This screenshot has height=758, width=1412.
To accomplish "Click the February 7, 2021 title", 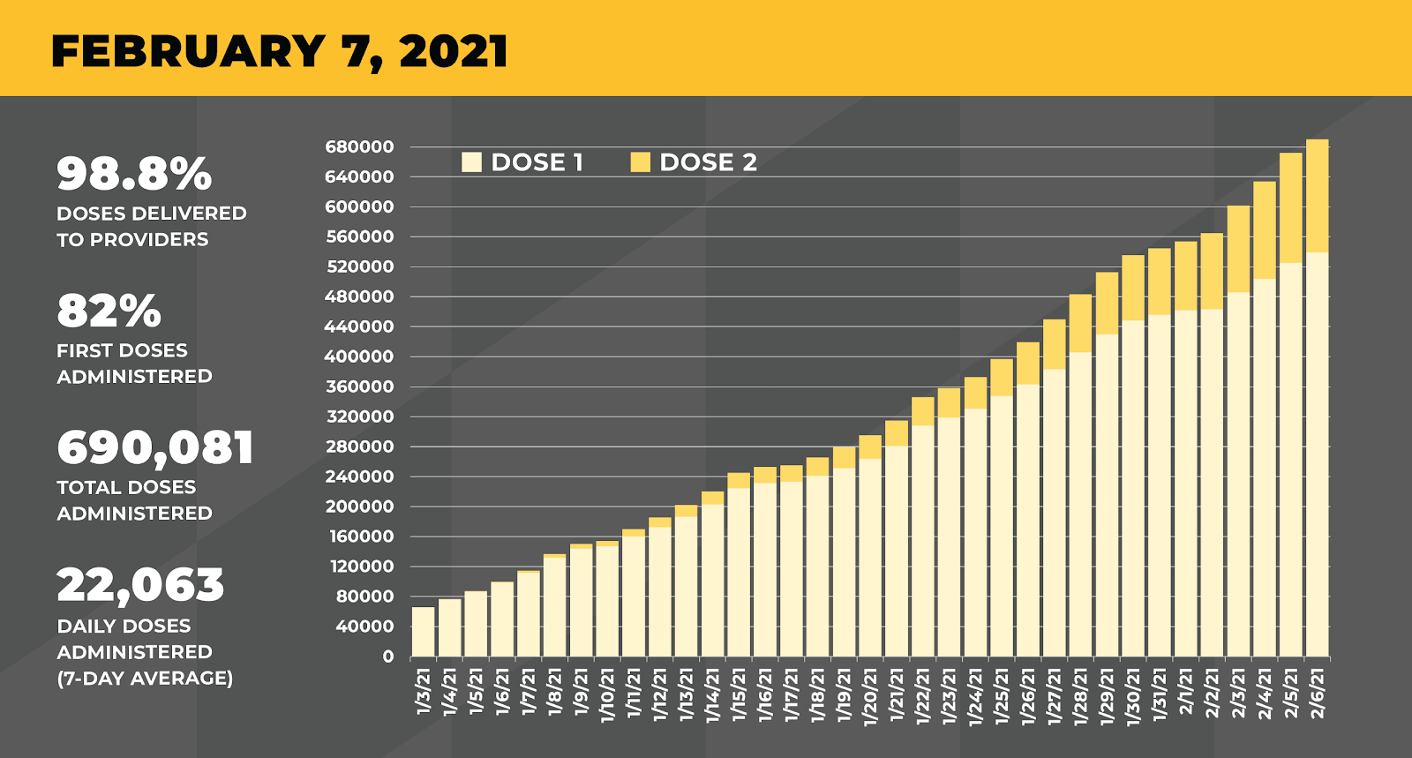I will pos(279,51).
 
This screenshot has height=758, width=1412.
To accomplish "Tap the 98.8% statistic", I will pos(134,173).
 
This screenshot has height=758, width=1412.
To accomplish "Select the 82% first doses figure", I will pos(109,311).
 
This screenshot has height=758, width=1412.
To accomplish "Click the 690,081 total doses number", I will pos(155,447).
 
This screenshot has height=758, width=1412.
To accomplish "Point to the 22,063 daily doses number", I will pos(141,585).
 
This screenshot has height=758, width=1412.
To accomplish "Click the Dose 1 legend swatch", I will pos(472,162).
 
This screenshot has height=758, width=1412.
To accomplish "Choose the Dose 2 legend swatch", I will pos(641,162).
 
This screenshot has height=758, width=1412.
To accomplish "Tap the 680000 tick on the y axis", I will pos(359,147).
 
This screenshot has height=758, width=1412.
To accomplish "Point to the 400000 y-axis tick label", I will pos(359,356).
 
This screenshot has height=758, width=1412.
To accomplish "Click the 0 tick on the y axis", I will pos(387,657).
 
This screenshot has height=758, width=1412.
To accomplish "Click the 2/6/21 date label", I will pos(1318,693).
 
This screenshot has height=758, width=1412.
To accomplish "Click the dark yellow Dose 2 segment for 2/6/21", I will pos(1318,196).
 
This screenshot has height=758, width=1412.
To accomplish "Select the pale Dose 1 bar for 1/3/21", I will pos(424,632).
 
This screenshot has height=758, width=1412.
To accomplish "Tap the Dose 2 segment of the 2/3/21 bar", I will pos(1239,249).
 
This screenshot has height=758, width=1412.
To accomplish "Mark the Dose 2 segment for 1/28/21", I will pos(1081,323).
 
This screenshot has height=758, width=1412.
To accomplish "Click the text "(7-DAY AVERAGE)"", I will pos(145,679).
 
